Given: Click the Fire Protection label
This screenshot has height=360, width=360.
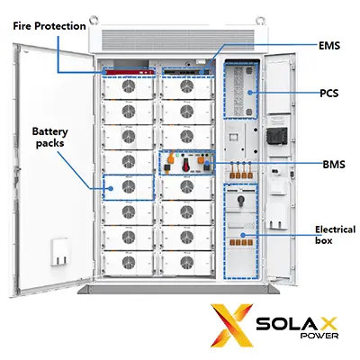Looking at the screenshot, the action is point(49,26).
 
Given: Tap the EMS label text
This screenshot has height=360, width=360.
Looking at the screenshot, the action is point(329,46).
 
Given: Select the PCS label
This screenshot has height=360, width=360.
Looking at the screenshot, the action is point(329,94).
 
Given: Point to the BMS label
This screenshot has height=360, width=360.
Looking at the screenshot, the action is point(334,165).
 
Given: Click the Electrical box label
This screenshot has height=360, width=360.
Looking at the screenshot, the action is point(335,235).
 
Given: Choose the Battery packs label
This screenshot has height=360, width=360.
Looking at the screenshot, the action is point(49,138).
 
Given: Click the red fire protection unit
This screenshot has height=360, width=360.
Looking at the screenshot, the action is point(129,72).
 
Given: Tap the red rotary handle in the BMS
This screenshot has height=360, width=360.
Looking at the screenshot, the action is point(186,165).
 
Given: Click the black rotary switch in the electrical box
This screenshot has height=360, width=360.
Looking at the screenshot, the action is point(240,200).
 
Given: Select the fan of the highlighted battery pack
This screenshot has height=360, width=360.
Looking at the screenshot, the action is point(129,187).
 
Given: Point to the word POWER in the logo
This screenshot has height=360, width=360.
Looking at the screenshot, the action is point(319,335).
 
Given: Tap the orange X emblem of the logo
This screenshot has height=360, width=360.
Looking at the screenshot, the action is point(231,325).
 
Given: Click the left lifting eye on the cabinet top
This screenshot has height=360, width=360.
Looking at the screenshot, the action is point(94,20).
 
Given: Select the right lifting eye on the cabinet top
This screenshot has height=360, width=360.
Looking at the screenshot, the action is point(260,21).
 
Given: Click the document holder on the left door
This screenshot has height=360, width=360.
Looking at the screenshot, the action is point(59,252).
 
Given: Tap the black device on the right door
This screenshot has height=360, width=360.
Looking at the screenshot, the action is point(276,136).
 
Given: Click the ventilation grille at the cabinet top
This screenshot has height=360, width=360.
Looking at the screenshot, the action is point(178,40).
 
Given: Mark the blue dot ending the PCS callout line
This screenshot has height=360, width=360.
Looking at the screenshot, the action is point(250,93).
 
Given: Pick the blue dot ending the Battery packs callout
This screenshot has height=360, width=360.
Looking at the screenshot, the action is point(111,188).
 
